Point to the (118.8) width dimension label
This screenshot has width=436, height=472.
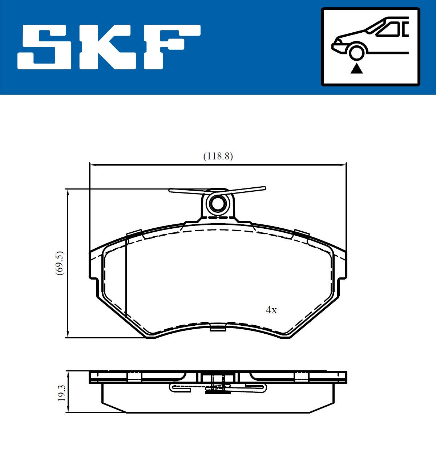pyautogui.click(x=218, y=156)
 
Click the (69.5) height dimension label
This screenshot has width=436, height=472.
pyautogui.click(x=60, y=263)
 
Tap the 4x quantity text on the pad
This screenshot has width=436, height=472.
pyautogui.click(x=271, y=310)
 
